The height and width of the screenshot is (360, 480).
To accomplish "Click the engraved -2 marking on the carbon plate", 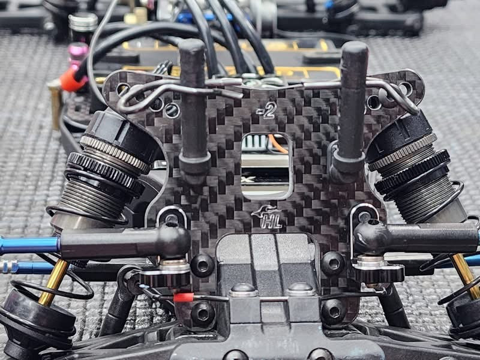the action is pos(267,110).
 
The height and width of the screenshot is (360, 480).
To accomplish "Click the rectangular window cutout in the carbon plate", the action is pos(266,166).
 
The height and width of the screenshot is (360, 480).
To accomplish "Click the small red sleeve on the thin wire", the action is pos(184,297).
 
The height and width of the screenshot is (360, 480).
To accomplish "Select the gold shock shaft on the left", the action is pos(54,282).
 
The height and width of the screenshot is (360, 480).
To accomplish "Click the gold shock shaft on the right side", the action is pos(464,275).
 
